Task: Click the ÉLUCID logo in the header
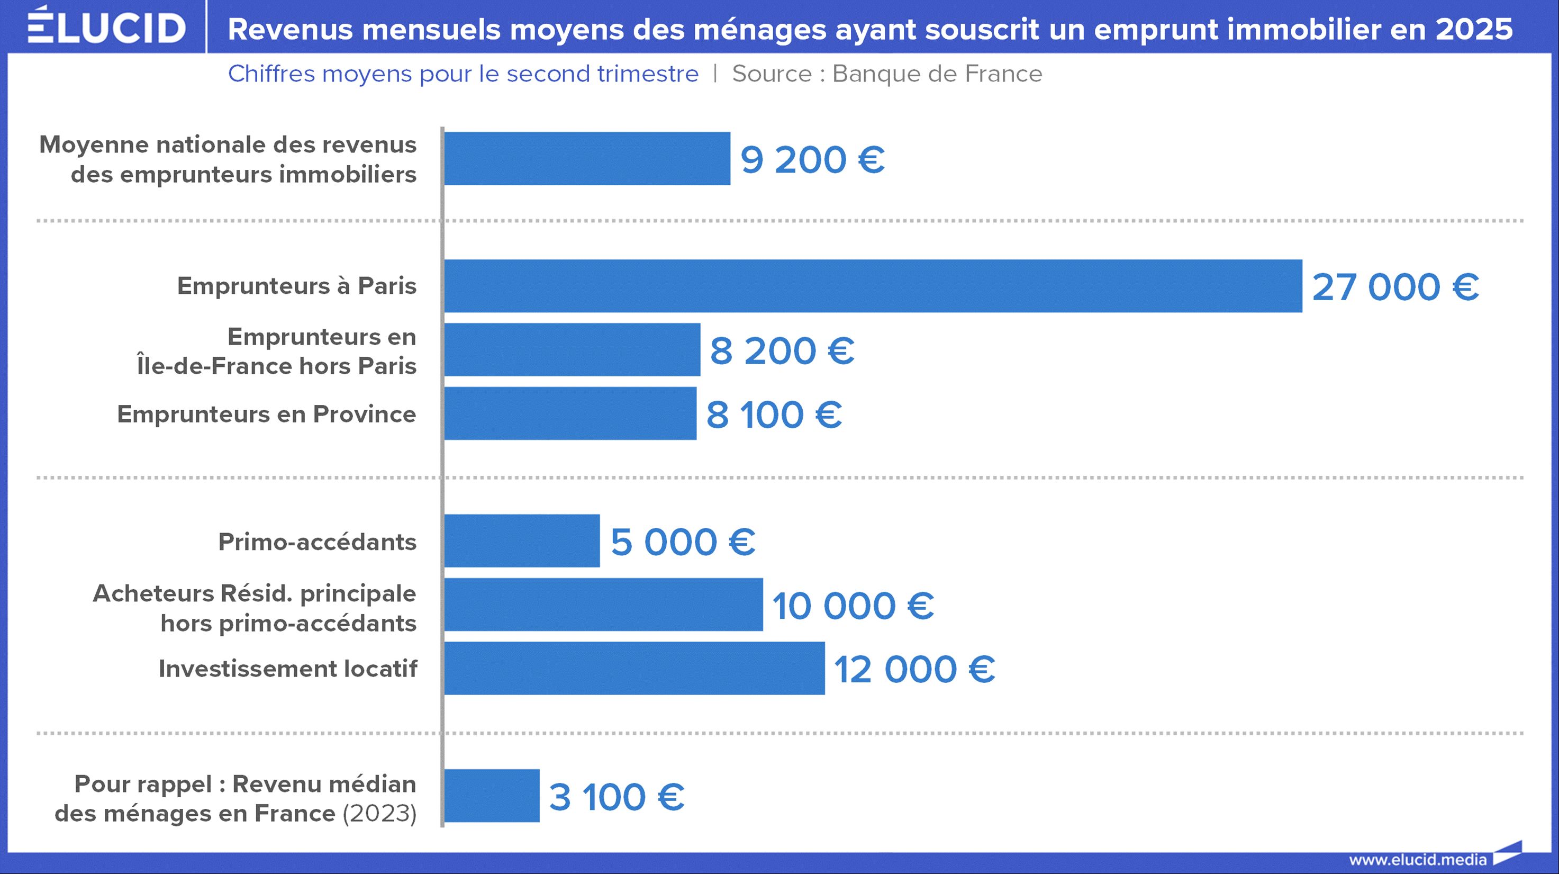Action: (x=106, y=26)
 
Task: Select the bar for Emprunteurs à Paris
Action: (x=873, y=286)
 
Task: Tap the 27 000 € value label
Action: (x=1395, y=287)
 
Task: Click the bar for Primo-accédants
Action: (x=522, y=541)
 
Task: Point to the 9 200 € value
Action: (x=812, y=160)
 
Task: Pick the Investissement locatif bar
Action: (x=635, y=668)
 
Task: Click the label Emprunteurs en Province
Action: (x=266, y=415)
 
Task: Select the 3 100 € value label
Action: (x=616, y=797)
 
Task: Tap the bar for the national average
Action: (x=587, y=159)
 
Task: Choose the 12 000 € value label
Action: (x=914, y=670)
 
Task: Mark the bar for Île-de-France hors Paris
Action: (x=572, y=350)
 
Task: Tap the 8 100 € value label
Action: (x=774, y=415)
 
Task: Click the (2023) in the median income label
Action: (x=379, y=814)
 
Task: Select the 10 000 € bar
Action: (x=603, y=605)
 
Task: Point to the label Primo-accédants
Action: (x=317, y=542)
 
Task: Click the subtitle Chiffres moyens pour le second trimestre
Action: (x=463, y=74)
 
